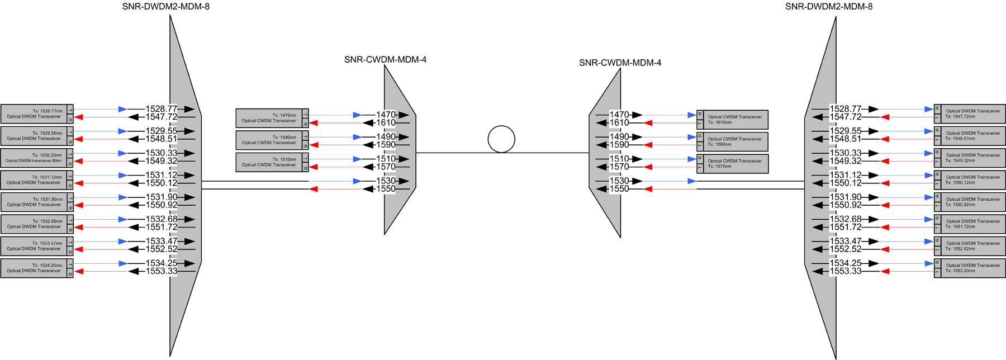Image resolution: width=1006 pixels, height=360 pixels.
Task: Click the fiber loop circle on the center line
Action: click(x=501, y=139)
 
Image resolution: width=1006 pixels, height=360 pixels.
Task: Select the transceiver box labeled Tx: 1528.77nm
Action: click(x=34, y=113)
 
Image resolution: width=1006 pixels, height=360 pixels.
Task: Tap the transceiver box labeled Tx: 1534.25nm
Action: click(x=34, y=268)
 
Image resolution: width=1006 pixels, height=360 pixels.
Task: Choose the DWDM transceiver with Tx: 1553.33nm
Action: click(x=973, y=268)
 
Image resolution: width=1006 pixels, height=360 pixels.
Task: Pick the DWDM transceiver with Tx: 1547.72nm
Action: click(x=973, y=113)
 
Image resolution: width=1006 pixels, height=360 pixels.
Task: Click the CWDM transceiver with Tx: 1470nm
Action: click(x=269, y=118)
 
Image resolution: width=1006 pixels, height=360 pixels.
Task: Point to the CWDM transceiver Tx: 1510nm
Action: click(x=269, y=162)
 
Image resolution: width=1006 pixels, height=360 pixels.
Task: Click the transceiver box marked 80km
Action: click(x=34, y=158)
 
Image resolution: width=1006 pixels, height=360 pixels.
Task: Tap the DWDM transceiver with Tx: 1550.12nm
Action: click(x=973, y=179)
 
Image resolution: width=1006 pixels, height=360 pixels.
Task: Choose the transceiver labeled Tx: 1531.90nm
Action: click(x=34, y=202)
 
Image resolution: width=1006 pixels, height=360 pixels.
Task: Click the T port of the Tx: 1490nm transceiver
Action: click(x=305, y=136)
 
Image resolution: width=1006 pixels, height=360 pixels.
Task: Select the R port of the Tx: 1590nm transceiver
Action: click(x=700, y=136)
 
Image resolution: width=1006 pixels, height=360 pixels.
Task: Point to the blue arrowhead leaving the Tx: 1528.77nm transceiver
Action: click(x=122, y=110)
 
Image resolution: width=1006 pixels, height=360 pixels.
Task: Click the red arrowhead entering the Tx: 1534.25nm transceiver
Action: click(x=79, y=272)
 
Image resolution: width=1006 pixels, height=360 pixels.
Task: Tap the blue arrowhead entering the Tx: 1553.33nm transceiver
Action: click(x=929, y=264)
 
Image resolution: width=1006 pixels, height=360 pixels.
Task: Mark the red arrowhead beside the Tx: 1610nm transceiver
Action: click(x=648, y=123)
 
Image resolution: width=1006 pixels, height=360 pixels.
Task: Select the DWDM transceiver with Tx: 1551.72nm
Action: click(x=973, y=224)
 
